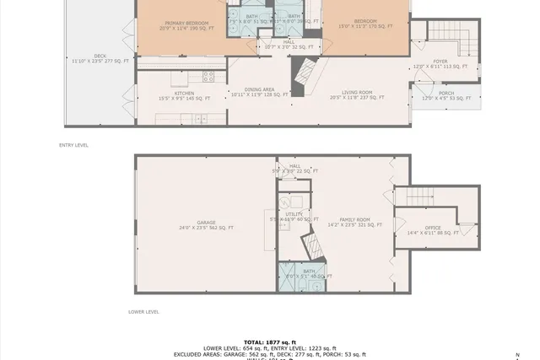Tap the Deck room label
[x=100, y=56]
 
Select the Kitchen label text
[x=185, y=93]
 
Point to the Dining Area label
[x=259, y=89]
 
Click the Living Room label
[x=357, y=93]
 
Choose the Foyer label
[x=440, y=61]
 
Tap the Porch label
[x=446, y=94]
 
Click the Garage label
[x=206, y=223]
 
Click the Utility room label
[x=293, y=214]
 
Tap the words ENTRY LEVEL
[x=73, y=145]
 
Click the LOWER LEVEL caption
[x=143, y=311]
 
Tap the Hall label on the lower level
[x=294, y=166]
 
